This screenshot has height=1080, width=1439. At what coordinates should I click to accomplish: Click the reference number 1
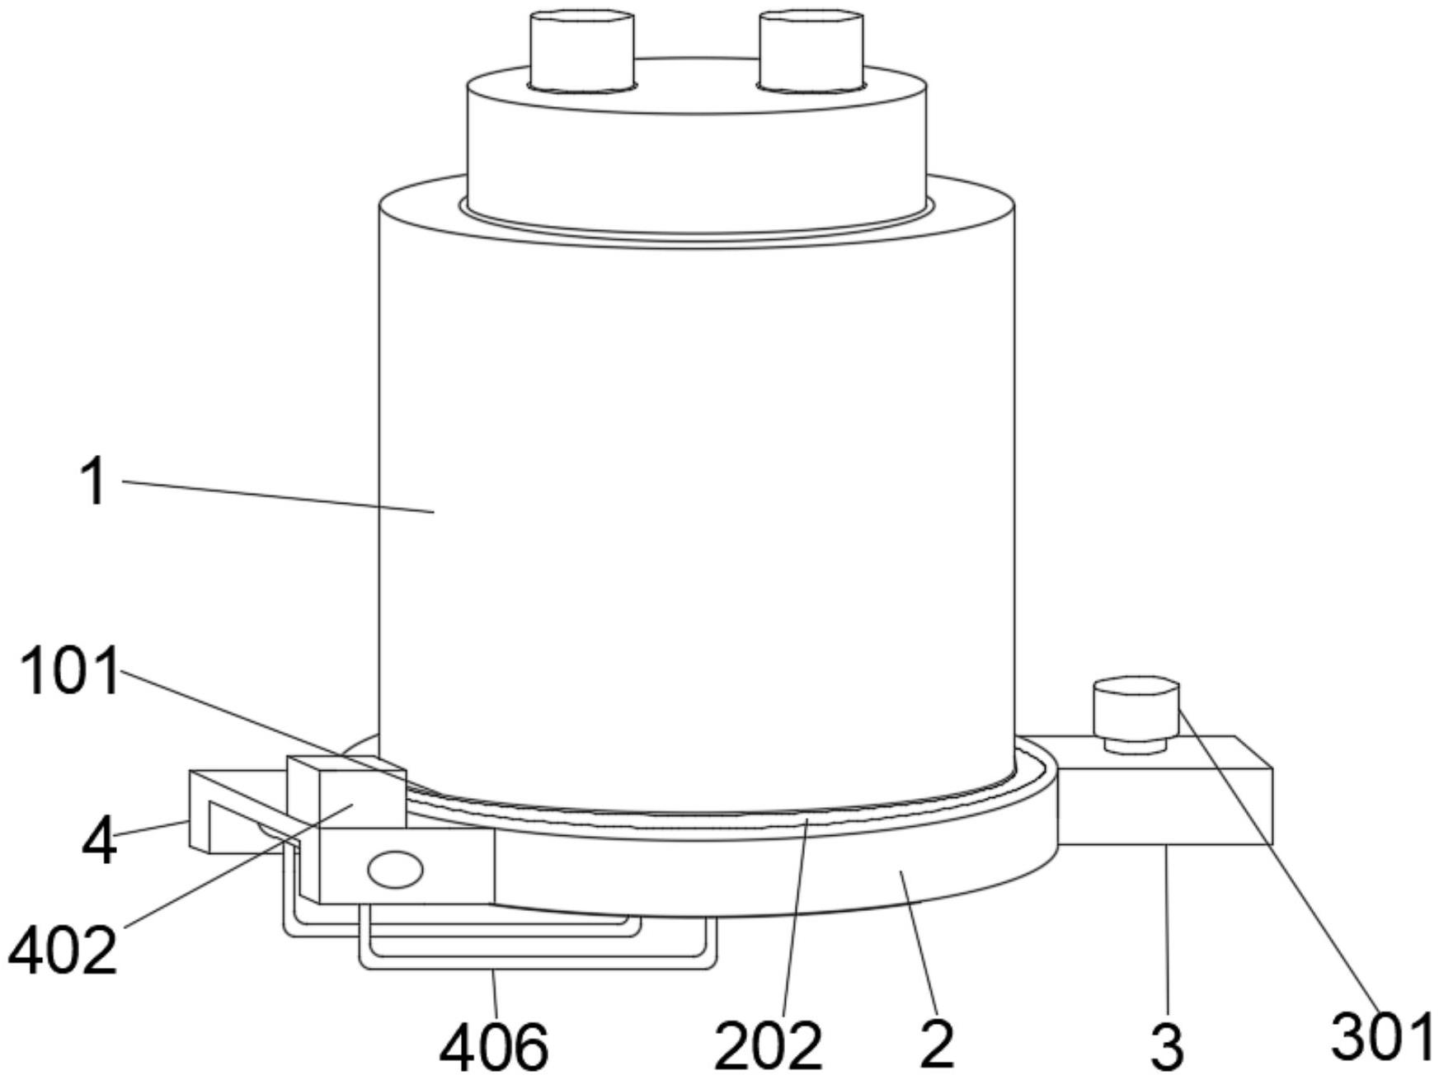(94, 482)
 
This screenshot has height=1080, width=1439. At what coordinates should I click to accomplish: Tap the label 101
(69, 672)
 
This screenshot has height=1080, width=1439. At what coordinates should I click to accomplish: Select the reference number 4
(100, 841)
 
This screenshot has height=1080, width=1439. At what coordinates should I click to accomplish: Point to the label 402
(62, 951)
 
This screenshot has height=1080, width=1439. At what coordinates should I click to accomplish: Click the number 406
(494, 1047)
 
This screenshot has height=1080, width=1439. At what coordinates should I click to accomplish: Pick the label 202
(769, 1045)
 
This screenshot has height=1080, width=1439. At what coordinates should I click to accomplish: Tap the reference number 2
(937, 1045)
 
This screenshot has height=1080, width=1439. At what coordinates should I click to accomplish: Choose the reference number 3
(1166, 1047)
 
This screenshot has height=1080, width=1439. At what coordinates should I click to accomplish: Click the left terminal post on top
(582, 50)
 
